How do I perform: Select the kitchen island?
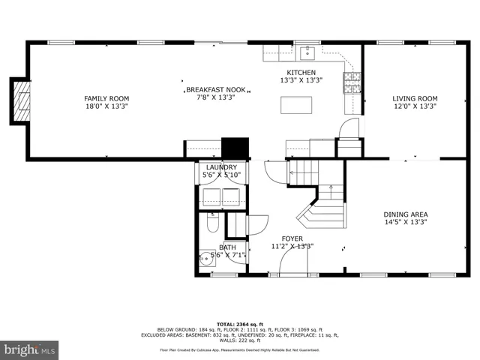296,105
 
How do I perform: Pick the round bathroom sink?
205,259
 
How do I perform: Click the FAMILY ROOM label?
106,98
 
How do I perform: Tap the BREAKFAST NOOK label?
216,88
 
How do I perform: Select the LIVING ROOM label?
414,98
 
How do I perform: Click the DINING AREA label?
405,214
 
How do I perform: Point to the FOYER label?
292,238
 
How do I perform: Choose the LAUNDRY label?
221,167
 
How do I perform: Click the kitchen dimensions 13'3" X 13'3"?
301,80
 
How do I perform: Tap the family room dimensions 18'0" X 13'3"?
106,106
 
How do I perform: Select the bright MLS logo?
30,349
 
